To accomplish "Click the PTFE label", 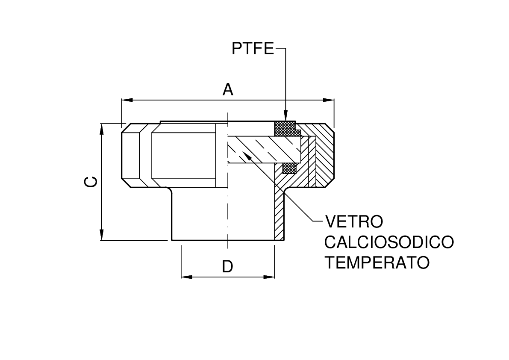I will (x=252, y=49).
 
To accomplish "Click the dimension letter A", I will (x=228, y=90).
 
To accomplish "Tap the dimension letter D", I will (x=227, y=267).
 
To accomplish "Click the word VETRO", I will (x=353, y=221).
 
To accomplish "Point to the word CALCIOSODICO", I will (x=388, y=242).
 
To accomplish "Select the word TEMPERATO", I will (x=377, y=262).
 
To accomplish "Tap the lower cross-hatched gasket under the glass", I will (x=290, y=168).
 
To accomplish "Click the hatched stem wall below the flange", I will (x=279, y=214).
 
